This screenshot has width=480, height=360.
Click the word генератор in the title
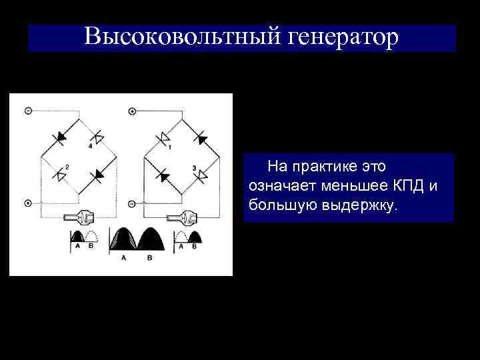[x=343, y=37]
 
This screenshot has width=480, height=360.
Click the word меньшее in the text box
[x=352, y=185]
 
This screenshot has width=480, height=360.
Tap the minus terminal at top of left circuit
[x=27, y=111]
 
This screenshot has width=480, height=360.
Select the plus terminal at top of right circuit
[x=132, y=111]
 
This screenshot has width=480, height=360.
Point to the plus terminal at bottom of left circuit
[x=27, y=203]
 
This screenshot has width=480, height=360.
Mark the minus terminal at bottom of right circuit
[x=132, y=203]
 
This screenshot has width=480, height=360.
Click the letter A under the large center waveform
[x=123, y=257]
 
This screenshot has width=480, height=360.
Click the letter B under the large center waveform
[x=149, y=257]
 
